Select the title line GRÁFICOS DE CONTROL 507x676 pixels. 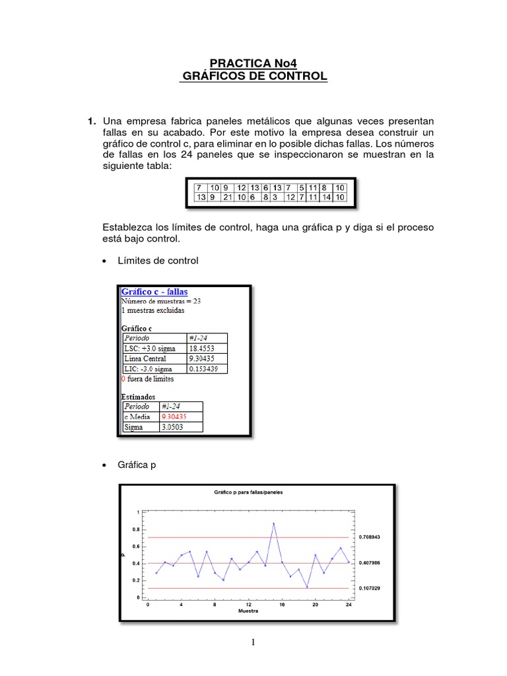coord(255,77)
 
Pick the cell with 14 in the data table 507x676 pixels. coord(326,197)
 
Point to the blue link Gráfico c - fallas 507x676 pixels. coord(155,291)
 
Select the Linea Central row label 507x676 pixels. coord(145,358)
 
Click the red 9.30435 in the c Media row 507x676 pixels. coord(174,417)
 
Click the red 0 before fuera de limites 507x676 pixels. coord(123,379)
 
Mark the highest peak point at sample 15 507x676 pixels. coord(273,524)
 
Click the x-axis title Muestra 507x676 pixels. coord(248,611)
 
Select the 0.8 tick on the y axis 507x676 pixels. coord(136,529)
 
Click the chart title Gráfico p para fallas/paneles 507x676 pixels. coord(248,493)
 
